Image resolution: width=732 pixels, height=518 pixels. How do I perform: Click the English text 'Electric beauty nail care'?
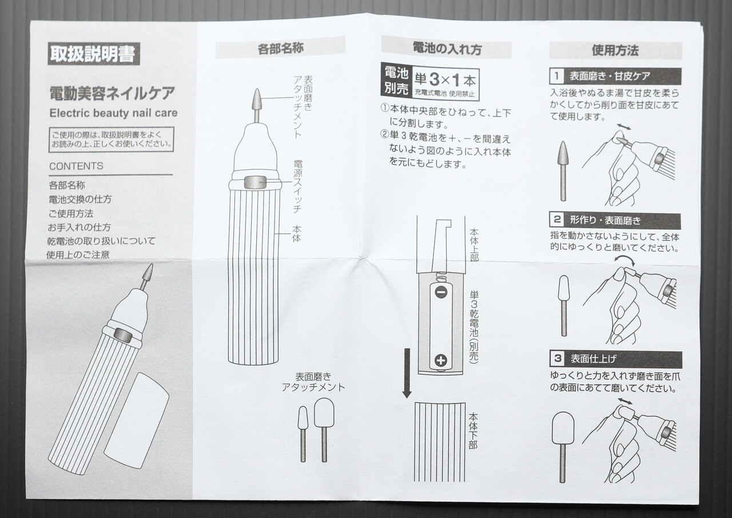(x=113, y=113)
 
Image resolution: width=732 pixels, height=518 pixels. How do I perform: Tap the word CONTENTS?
(x=76, y=166)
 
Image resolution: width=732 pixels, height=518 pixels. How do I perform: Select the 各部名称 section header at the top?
(x=280, y=48)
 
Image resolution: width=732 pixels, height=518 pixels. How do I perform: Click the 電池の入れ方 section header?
(x=447, y=48)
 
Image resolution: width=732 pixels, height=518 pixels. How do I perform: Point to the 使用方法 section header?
(x=615, y=50)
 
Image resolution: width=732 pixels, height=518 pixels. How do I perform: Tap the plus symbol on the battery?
(x=440, y=360)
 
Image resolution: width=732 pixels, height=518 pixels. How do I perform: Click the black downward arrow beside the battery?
(x=407, y=372)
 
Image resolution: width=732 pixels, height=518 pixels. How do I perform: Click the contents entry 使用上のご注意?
(x=78, y=254)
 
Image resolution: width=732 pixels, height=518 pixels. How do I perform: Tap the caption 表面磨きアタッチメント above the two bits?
(x=313, y=381)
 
